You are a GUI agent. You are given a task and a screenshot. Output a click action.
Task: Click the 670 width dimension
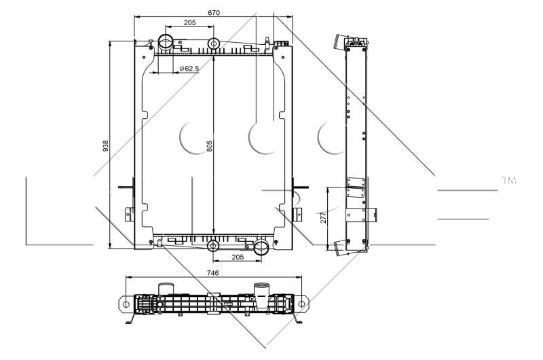coord(213,12)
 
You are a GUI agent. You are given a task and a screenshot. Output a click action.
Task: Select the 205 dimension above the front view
coord(189,23)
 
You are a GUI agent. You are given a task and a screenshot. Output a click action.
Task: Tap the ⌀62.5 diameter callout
coord(189,69)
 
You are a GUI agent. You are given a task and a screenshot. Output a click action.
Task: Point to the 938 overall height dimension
coord(105,145)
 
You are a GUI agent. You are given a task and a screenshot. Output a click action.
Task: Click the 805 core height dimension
coord(209,145)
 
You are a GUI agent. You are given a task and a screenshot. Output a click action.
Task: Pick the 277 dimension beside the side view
coord(324,217)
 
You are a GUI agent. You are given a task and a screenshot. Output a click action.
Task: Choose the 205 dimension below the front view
coord(237,258)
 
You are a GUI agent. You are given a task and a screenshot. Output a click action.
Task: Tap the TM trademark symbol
coord(508,181)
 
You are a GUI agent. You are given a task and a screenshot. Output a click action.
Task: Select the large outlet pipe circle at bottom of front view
coord(261,248)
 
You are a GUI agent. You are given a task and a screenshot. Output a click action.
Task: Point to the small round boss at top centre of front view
coord(213,44)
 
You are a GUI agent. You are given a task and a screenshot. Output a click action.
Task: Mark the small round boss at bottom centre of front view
coord(213,245)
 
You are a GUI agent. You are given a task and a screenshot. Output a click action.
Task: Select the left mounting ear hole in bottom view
coord(126,304)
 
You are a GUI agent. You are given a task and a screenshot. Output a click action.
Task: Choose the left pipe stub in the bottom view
coord(166,290)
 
